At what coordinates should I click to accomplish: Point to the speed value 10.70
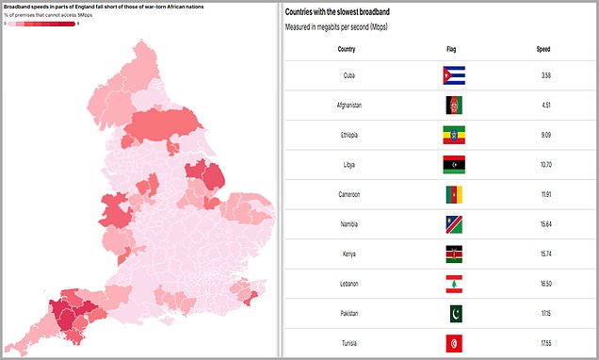click(543, 165)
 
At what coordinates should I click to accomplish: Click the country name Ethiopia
click(346, 136)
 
